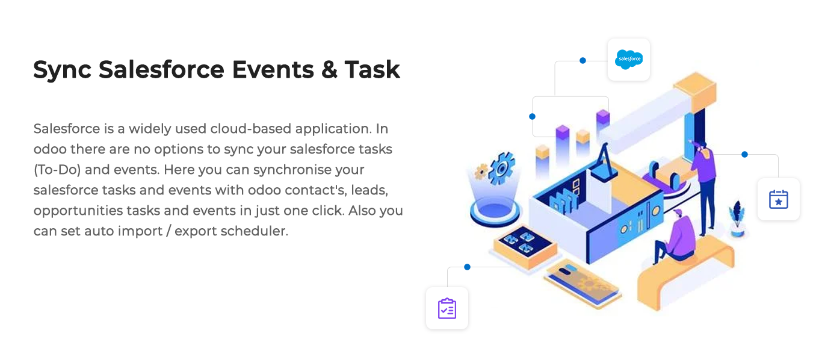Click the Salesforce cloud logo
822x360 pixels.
[x=629, y=60]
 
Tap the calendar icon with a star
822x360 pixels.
[x=778, y=199]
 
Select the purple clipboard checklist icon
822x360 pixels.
[x=447, y=308]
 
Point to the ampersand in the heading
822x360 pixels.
[x=329, y=69]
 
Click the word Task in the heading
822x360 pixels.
[x=372, y=69]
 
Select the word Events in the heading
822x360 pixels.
[x=273, y=69]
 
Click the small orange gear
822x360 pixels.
[x=481, y=171]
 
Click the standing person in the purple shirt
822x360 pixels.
[x=705, y=187]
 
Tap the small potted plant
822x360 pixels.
[x=737, y=219]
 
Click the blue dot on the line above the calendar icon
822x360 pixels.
[x=744, y=155]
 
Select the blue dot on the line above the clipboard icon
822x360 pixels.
[x=467, y=267]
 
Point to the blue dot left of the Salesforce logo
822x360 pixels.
[x=583, y=61]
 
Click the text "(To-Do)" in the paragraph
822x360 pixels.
[x=57, y=170]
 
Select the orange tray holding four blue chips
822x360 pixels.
[x=525, y=247]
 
